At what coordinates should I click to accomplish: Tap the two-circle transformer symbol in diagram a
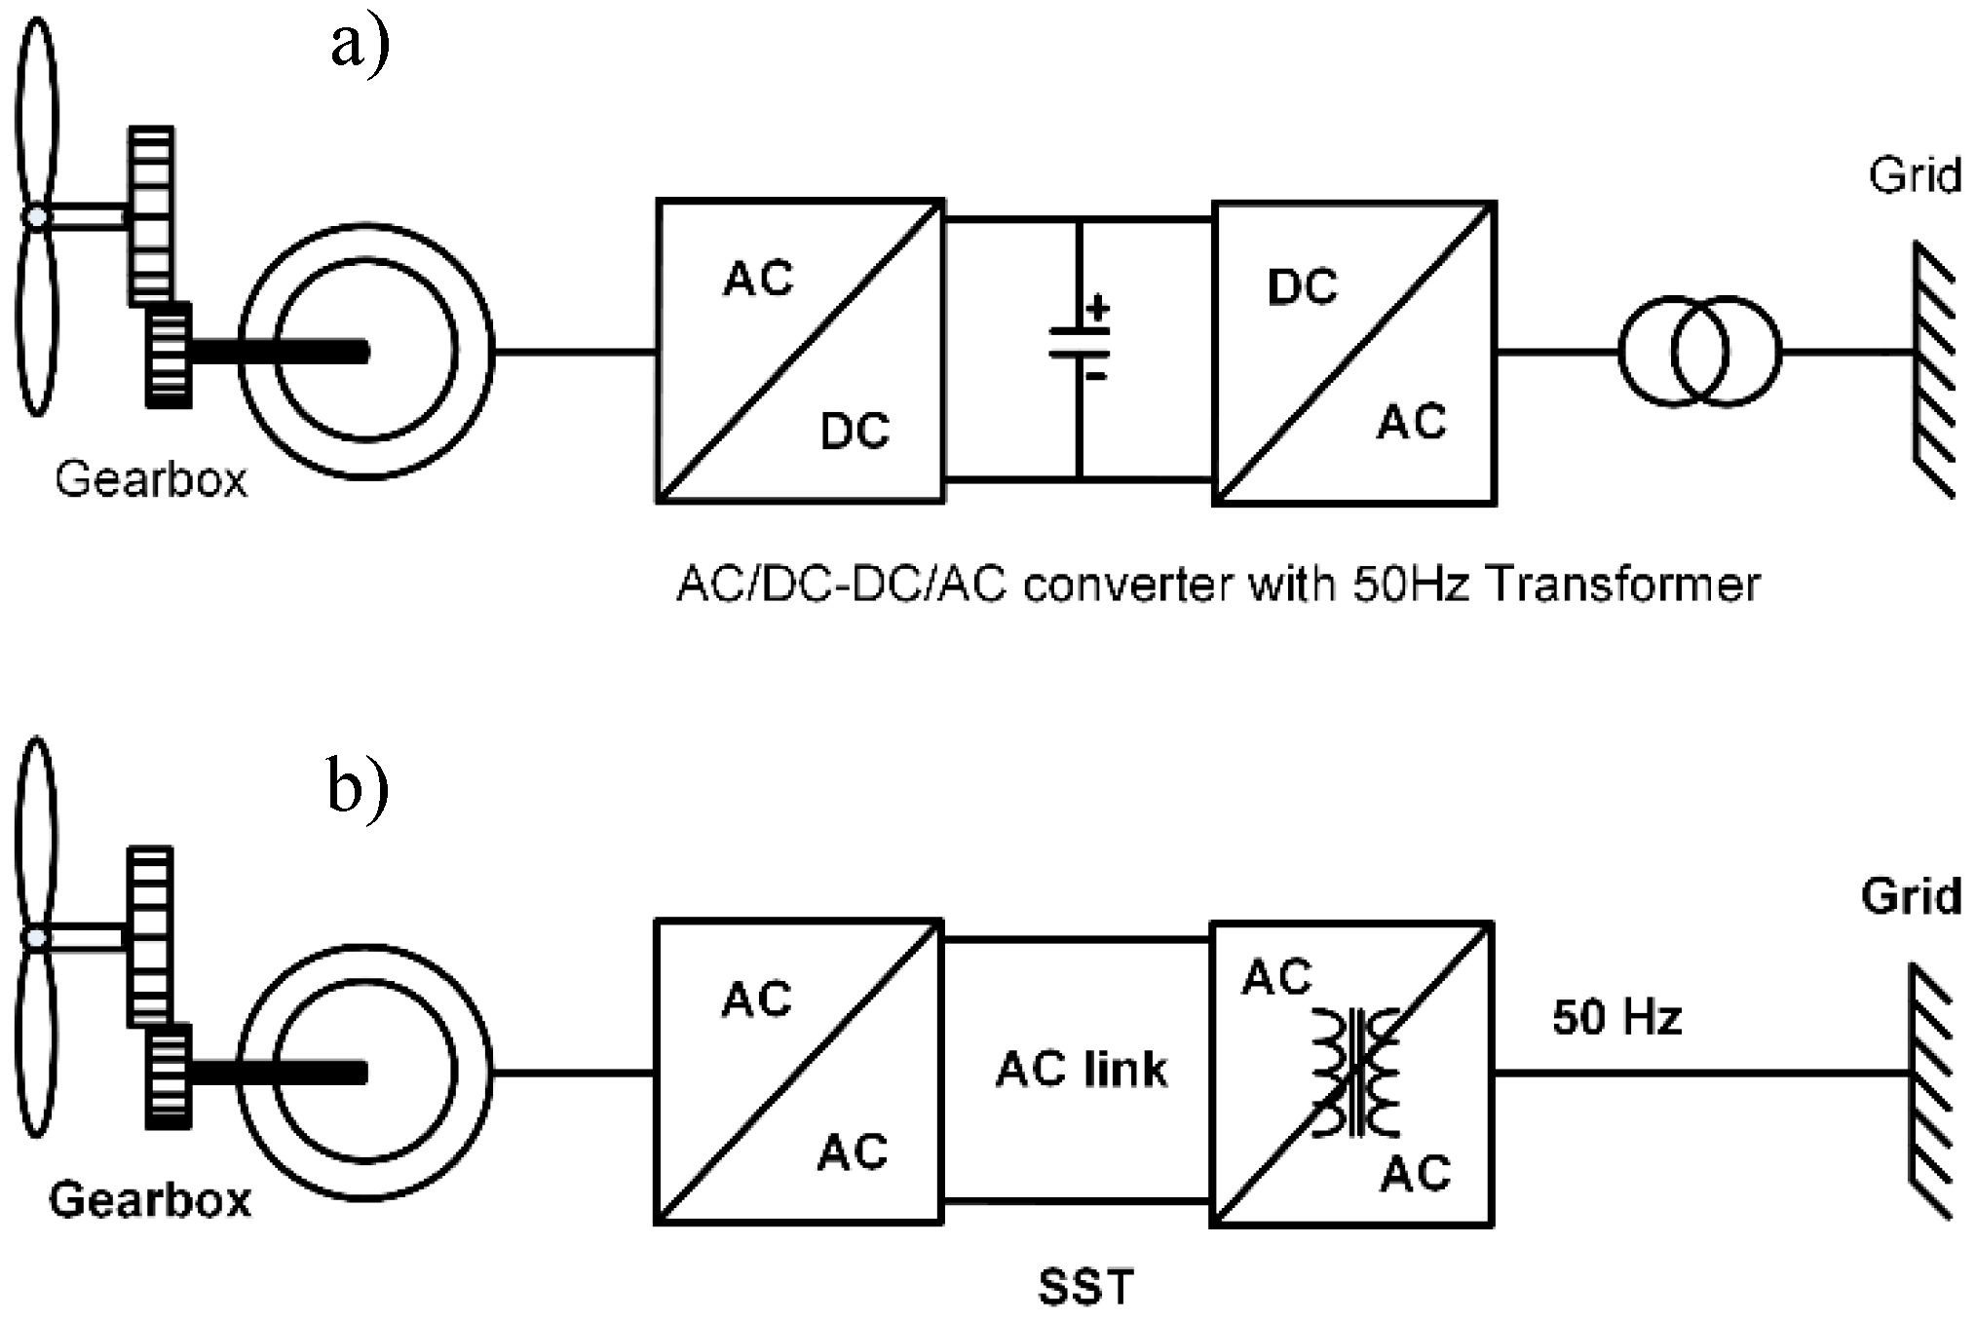click(x=1699, y=351)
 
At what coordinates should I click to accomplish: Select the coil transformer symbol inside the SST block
click(x=1355, y=1073)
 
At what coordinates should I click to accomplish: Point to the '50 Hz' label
click(x=1616, y=1018)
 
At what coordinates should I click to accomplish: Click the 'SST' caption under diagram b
click(x=1085, y=1288)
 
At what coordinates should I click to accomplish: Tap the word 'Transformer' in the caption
click(x=1623, y=585)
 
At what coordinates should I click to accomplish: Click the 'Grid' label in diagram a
click(x=1914, y=176)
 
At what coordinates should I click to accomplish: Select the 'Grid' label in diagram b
click(x=1911, y=896)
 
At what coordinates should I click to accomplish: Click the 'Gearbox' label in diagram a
click(x=151, y=479)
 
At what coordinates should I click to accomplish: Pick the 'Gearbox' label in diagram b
click(x=150, y=1200)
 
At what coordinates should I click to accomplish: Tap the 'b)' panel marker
click(x=358, y=787)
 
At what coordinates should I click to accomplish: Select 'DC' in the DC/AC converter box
click(x=1302, y=287)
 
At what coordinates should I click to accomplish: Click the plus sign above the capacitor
click(x=1098, y=310)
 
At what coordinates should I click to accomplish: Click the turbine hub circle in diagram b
click(x=36, y=938)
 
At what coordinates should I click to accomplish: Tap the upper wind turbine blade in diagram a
click(x=37, y=112)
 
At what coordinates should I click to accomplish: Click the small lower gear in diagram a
click(x=169, y=355)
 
